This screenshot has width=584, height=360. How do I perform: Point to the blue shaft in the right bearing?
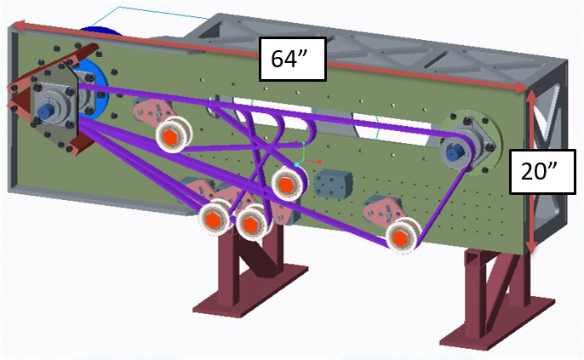pos(455,152)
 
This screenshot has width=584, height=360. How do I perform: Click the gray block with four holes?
pos(333,184)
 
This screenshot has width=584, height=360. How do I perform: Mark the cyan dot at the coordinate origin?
pos(297,164)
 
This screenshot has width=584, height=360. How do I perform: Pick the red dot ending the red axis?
pos(320,162)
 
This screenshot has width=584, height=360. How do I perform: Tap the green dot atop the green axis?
pos(304,143)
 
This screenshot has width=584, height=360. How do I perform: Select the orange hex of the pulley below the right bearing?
pos(400,237)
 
